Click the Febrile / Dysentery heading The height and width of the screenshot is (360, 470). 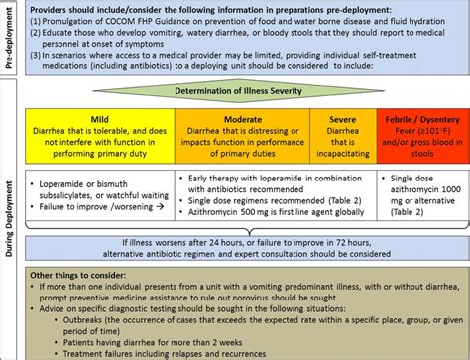415,115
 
